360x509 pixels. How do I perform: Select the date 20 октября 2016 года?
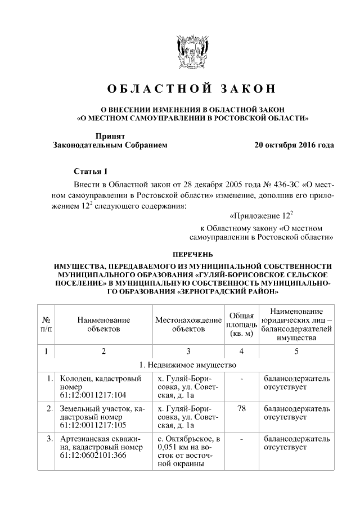coord(294,145)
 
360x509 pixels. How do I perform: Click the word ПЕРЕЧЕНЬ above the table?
coord(191,255)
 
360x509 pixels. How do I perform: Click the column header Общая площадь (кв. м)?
coord(241,325)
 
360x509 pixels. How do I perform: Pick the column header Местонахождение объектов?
coord(188,325)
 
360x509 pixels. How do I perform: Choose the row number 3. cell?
coord(49,438)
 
